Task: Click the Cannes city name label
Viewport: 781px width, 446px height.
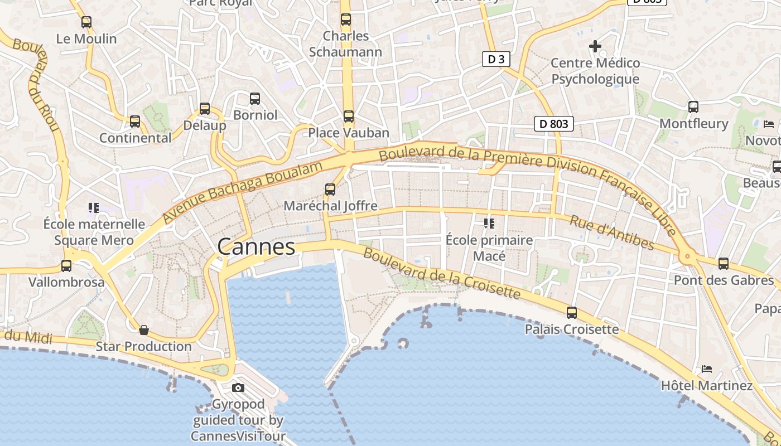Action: [x=256, y=246]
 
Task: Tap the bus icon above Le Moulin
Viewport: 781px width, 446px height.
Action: [x=86, y=22]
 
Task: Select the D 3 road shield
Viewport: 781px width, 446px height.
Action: [x=496, y=59]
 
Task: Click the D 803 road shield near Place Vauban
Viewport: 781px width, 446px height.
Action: [x=553, y=124]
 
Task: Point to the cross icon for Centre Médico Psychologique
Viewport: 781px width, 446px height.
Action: [x=595, y=46]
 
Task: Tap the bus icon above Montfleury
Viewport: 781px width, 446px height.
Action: [x=693, y=106]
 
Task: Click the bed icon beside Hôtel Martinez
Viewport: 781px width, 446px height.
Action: [x=707, y=369]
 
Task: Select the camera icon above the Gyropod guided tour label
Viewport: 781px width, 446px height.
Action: [x=238, y=387]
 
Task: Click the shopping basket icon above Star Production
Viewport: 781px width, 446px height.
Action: [x=144, y=330]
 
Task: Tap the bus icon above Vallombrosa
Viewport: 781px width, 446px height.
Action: [x=66, y=266]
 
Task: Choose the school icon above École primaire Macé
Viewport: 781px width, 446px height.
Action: [x=489, y=224]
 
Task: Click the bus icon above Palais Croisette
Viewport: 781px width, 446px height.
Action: [x=572, y=313]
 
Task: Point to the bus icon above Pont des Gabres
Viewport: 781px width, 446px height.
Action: [x=724, y=263]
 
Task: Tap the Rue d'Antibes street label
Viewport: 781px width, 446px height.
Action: [x=611, y=232]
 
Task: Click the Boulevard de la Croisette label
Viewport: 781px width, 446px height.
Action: [x=441, y=274]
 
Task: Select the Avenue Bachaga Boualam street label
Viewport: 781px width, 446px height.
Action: [x=243, y=192]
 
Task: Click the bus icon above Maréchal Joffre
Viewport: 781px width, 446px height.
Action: [x=330, y=190]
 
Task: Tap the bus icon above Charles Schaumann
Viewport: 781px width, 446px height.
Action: [x=346, y=20]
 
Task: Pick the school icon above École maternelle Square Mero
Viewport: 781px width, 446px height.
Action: [x=93, y=208]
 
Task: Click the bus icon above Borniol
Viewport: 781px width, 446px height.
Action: [x=255, y=99]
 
